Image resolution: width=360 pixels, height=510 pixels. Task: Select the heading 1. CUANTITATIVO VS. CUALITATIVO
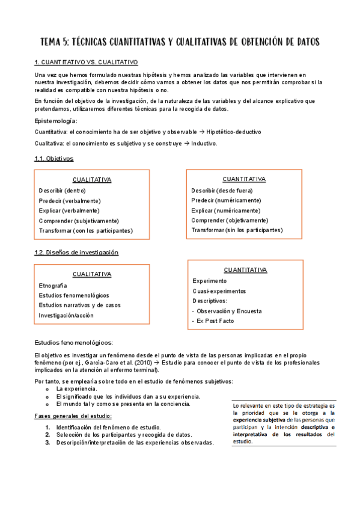click(87, 62)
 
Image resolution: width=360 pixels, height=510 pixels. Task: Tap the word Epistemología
click(56, 121)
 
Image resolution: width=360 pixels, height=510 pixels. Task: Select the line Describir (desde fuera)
click(222, 190)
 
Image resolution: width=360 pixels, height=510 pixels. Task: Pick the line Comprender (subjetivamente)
click(79, 221)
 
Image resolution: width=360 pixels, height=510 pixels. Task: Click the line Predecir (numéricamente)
click(225, 200)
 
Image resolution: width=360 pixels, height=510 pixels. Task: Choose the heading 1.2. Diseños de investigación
click(76, 253)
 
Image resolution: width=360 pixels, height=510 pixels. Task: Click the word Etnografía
click(53, 285)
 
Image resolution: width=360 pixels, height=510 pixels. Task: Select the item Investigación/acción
click(66, 315)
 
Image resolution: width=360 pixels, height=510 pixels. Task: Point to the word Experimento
click(209, 281)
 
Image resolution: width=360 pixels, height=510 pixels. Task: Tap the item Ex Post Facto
click(215, 321)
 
